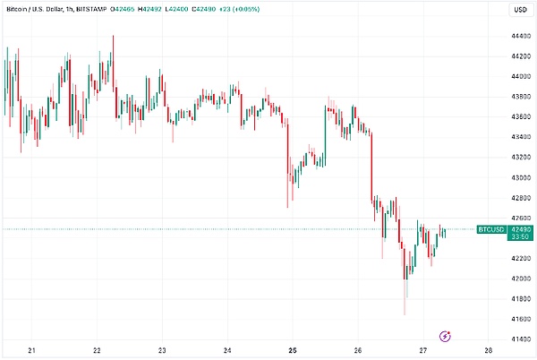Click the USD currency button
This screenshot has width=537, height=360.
(x=518, y=10)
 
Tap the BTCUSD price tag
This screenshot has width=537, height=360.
(x=491, y=230)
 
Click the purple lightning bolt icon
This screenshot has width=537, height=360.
(x=446, y=336)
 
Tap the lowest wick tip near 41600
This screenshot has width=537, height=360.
(x=405, y=314)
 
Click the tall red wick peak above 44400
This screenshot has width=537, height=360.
(x=113, y=36)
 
